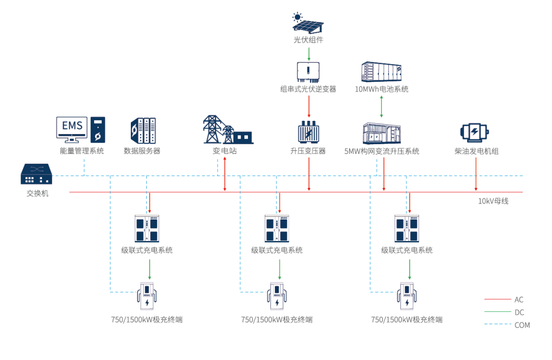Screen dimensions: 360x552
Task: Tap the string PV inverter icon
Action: (309, 72)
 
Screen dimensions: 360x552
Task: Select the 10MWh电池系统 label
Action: (381, 89)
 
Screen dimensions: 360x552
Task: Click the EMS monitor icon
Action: (72, 130)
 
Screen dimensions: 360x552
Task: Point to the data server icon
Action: (143, 131)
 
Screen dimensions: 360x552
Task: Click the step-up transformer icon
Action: (308, 132)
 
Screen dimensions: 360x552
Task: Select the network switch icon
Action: (37, 174)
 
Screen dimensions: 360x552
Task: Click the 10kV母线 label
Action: (493, 201)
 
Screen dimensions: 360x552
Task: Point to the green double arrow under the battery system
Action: (381, 106)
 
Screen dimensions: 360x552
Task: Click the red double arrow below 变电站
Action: (225, 174)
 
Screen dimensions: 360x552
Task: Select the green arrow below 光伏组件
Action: (309, 53)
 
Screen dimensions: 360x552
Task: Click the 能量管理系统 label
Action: (82, 151)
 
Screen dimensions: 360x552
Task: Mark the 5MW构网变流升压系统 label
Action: (381, 151)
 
